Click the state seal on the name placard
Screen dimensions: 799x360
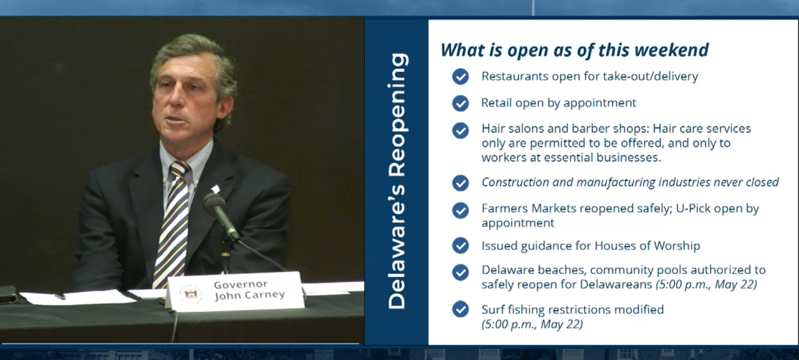[x=191, y=294]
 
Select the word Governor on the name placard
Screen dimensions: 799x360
[x=240, y=285]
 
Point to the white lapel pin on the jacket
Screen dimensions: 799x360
[x=215, y=189]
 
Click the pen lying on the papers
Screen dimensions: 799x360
[x=60, y=296]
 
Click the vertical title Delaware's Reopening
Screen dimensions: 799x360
[x=397, y=181]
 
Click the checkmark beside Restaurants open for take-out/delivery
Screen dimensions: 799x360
[x=461, y=76]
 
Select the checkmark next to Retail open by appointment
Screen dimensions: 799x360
[x=461, y=103]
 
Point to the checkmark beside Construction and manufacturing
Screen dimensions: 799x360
[x=461, y=183]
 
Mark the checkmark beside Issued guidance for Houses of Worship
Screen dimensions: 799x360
[x=461, y=246]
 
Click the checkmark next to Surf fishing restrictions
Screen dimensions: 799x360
[x=461, y=309]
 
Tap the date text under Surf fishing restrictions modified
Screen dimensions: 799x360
[x=532, y=324]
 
